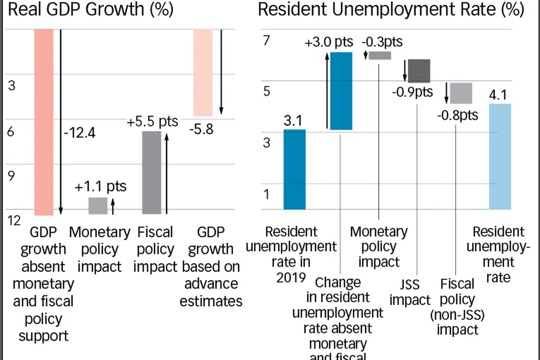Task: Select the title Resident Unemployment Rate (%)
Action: pyautogui.click(x=391, y=9)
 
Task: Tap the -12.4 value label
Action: pyautogui.click(x=79, y=133)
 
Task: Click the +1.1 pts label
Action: pyautogui.click(x=100, y=186)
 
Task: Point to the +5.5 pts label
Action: pyautogui.click(x=152, y=121)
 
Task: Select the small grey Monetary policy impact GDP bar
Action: pyautogui.click(x=98, y=206)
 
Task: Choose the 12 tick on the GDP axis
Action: pyautogui.click(x=14, y=221)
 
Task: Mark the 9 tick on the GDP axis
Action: pyautogui.click(x=12, y=176)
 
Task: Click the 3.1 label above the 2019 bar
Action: pyautogui.click(x=293, y=121)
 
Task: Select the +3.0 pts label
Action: pyautogui.click(x=330, y=43)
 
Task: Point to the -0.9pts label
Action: pyautogui.click(x=412, y=91)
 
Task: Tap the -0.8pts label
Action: pyautogui.click(x=458, y=115)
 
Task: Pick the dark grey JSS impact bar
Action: pyautogui.click(x=419, y=71)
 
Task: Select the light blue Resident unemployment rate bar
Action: pyautogui.click(x=500, y=156)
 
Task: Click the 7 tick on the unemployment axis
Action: pyautogui.click(x=266, y=41)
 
